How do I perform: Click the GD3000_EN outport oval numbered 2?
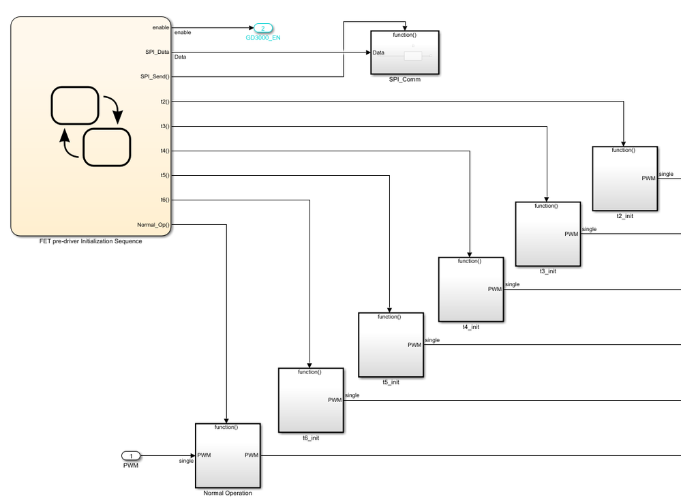point(262,28)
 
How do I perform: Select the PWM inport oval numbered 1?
point(131,456)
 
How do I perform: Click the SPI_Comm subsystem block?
point(405,52)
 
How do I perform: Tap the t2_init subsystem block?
point(625,179)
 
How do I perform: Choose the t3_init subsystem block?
point(548,234)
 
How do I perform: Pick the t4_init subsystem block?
point(471,289)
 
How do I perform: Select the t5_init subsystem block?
point(391,344)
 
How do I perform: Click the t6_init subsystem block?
point(311,400)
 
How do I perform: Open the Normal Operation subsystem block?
point(228,456)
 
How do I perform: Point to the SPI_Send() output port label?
point(155,76)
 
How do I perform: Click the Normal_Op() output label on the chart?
point(153,224)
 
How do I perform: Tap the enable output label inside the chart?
point(161,27)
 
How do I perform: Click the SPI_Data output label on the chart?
point(157,52)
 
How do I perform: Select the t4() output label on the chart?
point(165,151)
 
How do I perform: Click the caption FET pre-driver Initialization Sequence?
point(91,241)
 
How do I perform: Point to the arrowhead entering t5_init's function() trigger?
point(389,310)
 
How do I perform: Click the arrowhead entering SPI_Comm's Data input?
point(368,52)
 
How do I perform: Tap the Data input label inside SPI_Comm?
point(378,52)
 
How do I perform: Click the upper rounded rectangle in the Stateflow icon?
point(75,106)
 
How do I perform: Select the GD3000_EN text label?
point(263,37)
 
